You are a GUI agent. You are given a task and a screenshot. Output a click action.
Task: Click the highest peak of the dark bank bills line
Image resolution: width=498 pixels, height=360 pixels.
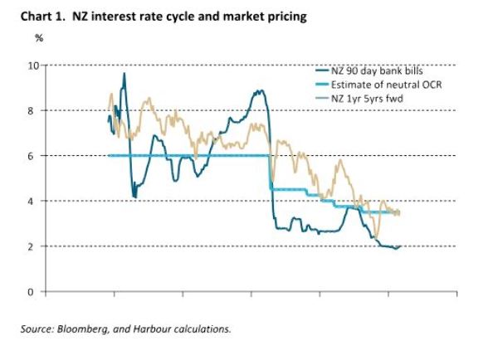tap(124, 74)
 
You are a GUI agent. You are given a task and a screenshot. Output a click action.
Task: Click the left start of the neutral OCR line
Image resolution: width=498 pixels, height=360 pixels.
tap(110, 155)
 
